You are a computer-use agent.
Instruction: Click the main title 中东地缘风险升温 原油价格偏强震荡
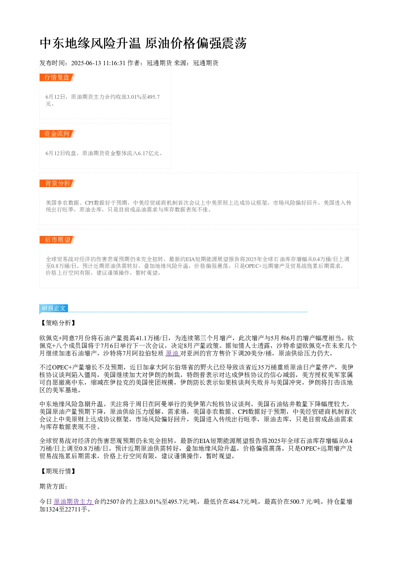(143, 43)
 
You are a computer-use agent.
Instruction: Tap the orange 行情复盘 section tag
(57, 78)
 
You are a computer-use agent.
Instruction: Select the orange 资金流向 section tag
(57, 134)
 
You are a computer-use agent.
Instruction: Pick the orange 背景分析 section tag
(57, 183)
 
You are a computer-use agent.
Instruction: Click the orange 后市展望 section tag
(57, 240)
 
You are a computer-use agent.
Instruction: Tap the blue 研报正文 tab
(54, 308)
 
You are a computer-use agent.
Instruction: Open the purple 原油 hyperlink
(172, 353)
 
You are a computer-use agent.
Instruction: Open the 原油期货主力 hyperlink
(73, 502)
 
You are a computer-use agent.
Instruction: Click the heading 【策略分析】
(58, 323)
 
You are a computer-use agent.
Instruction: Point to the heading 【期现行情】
(58, 471)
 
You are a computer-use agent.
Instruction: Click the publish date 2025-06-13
(86, 63)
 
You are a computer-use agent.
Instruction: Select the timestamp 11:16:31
(114, 63)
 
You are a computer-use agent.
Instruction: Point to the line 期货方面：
(53, 486)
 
